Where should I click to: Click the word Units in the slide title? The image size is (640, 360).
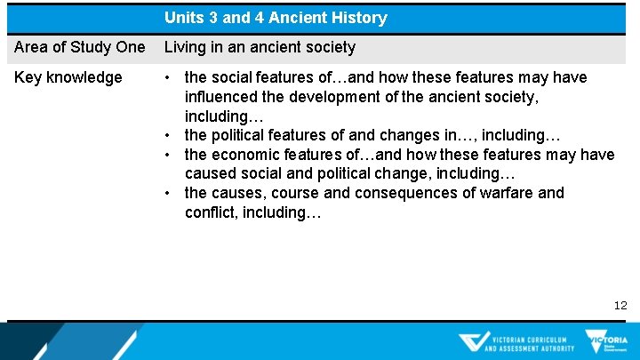(x=183, y=18)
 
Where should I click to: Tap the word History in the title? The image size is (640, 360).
(x=358, y=18)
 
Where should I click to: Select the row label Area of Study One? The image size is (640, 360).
(x=80, y=47)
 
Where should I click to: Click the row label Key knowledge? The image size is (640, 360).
(x=68, y=77)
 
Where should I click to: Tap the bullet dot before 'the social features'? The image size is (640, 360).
(x=169, y=77)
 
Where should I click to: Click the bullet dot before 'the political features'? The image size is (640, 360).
(x=169, y=135)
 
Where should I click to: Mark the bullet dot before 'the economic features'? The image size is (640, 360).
(x=169, y=155)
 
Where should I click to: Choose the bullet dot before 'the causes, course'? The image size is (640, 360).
(x=169, y=193)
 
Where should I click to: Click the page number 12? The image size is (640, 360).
(x=620, y=305)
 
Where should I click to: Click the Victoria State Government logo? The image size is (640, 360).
(x=605, y=341)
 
